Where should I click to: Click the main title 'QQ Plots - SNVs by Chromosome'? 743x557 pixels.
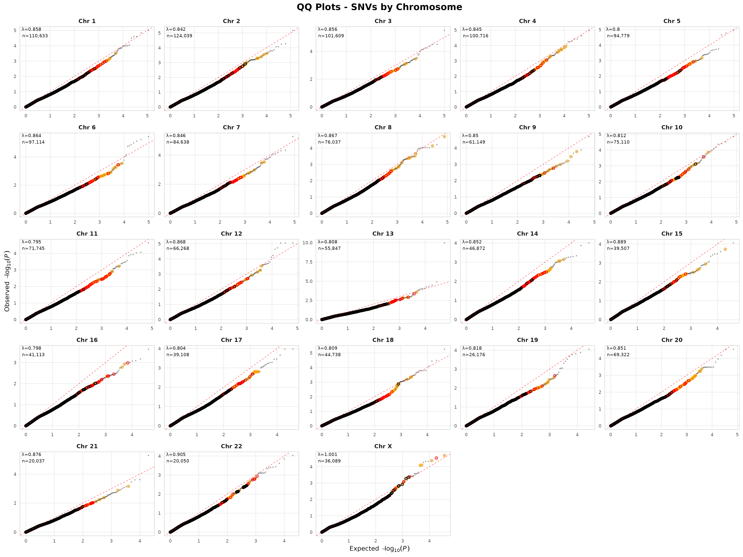pos(379,7)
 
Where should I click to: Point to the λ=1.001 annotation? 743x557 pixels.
pos(328,455)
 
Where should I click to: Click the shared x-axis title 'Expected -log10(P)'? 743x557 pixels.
pos(379,549)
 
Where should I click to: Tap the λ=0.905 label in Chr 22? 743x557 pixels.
pos(176,455)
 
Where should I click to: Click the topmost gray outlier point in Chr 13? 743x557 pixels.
pos(444,243)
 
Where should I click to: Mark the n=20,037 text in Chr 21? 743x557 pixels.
pos(33,461)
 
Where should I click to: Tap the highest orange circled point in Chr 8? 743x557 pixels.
pos(444,137)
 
